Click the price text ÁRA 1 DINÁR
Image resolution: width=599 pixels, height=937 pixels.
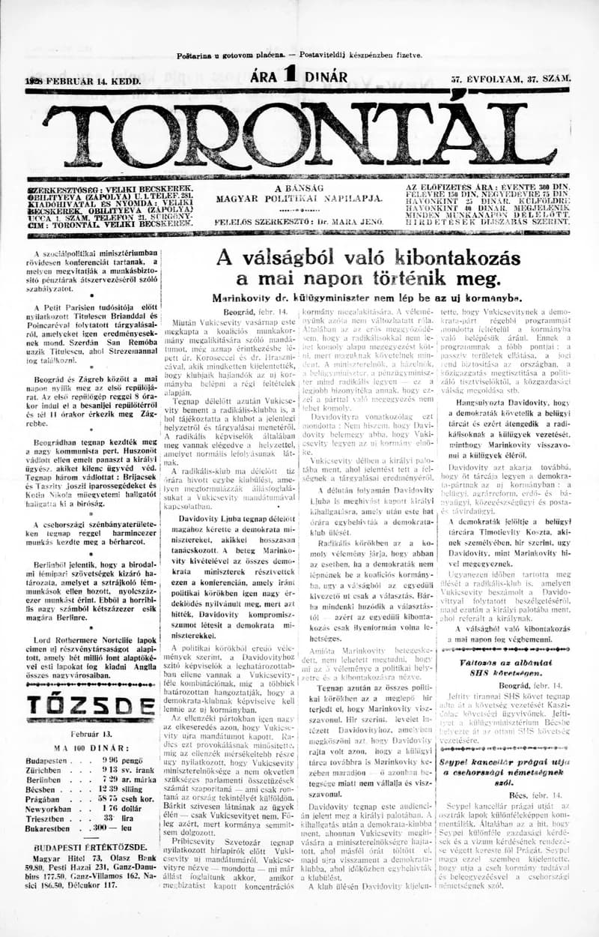(299, 76)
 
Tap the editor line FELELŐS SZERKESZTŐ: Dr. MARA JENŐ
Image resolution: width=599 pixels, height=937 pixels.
(299, 222)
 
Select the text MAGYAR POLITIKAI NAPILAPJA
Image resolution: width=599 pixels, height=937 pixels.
(299, 199)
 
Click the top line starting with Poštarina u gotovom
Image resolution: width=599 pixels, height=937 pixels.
(299, 55)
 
